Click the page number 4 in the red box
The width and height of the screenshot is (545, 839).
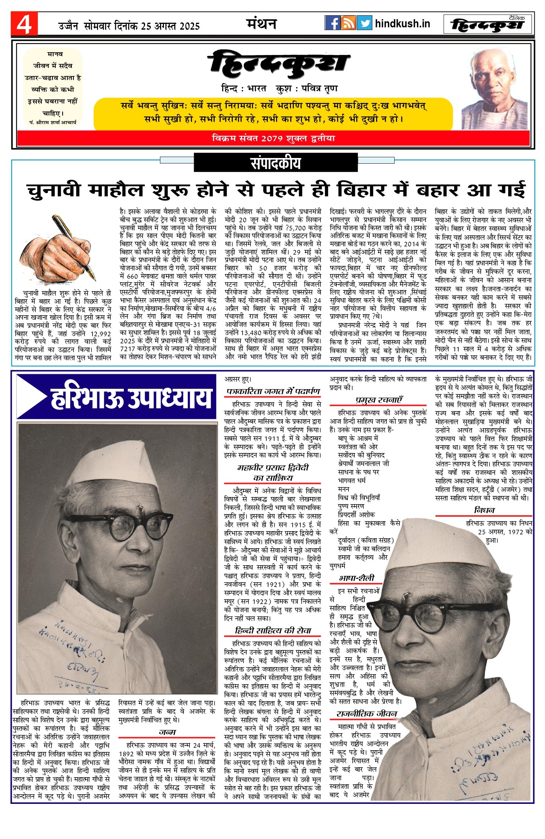click(24, 24)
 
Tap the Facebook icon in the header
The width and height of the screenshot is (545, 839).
click(332, 23)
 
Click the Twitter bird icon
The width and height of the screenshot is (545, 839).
click(364, 23)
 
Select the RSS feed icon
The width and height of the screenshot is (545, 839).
click(348, 23)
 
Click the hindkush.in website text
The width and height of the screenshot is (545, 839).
click(402, 24)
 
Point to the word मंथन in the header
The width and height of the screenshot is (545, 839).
click(262, 24)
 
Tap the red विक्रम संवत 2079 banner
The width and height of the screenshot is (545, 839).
click(273, 138)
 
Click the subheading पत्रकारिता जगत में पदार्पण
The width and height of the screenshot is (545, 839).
click(273, 392)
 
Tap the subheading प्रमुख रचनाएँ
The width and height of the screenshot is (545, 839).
click(379, 400)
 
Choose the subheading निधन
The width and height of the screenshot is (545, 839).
click(484, 510)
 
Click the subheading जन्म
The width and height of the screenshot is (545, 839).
click(167, 732)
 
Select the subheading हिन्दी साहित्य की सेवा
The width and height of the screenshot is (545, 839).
click(273, 631)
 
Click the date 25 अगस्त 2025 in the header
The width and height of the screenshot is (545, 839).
click(170, 26)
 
